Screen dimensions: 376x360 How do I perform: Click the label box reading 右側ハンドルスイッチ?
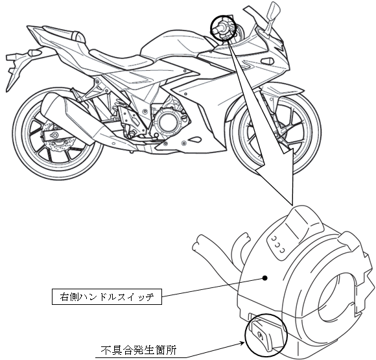coord(107,297)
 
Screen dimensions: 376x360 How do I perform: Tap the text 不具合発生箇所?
coord(139,350)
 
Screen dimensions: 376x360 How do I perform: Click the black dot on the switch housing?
coord(264,278)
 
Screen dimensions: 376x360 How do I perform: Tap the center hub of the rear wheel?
coord(54,136)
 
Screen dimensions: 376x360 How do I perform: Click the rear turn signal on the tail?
coord(33,52)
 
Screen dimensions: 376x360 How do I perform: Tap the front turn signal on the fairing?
coord(268,60)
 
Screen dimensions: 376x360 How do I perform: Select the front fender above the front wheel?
coord(278,91)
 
